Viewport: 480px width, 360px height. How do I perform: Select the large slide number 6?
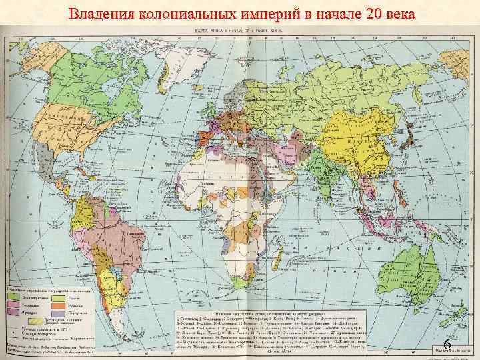(x=448, y=345)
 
